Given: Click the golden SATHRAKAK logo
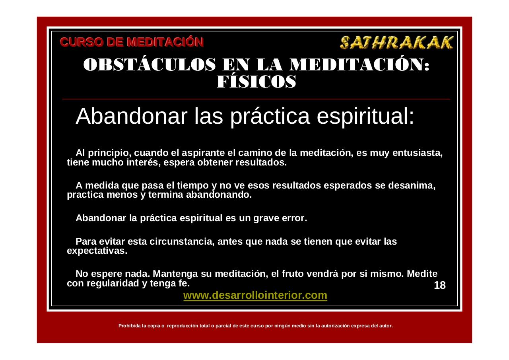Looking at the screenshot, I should pyautogui.click(x=396, y=42).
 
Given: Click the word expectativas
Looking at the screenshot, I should pyautogui.click(x=97, y=251).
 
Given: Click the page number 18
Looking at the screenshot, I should pyautogui.click(x=440, y=285).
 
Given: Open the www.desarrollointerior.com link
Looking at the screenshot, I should pyautogui.click(x=255, y=295).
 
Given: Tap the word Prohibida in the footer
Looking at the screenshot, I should pyautogui.click(x=130, y=326).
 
